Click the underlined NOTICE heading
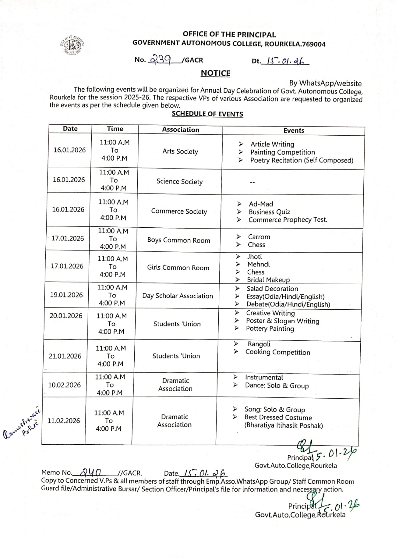[x=215, y=73]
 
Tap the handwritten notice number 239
[x=160, y=60]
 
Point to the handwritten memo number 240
[x=90, y=473]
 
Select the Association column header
[x=180, y=130]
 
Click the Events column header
[x=294, y=130]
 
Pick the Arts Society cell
[x=180, y=151]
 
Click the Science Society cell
[x=179, y=181]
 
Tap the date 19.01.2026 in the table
[x=66, y=295]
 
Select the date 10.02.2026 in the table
[x=64, y=385]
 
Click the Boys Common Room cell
[x=179, y=240]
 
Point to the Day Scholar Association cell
[x=178, y=296]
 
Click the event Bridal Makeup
[x=268, y=280]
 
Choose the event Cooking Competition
[x=278, y=352]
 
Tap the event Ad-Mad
[x=261, y=204]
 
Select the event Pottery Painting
[x=270, y=329]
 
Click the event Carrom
[x=259, y=237]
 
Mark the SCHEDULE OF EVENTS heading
[x=207, y=114]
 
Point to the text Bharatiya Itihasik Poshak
[x=284, y=425]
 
